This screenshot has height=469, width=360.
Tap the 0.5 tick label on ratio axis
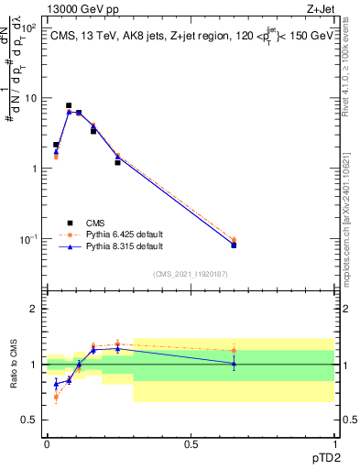[28, 420]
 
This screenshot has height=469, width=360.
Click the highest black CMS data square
[69, 105]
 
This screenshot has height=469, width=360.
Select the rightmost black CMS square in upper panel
[234, 245]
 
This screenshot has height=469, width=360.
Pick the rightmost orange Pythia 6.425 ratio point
[234, 350]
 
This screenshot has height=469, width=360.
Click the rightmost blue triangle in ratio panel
[234, 364]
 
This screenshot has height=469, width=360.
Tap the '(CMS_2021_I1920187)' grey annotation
[190, 273]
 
